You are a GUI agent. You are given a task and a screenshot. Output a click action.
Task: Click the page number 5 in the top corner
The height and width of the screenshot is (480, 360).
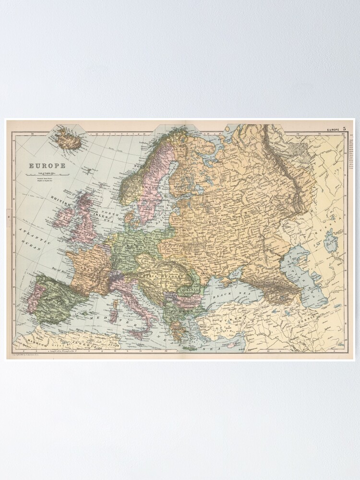coord(344,129)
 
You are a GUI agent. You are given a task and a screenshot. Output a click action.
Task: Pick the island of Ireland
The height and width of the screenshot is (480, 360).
coord(64,216)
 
